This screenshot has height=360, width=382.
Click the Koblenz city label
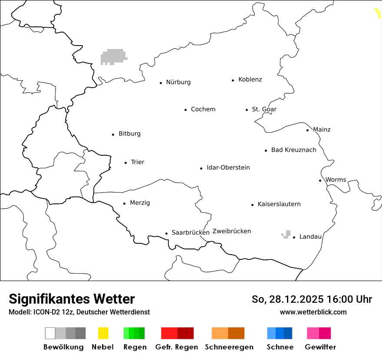(x=250, y=80)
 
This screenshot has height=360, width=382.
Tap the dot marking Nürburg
(x=161, y=83)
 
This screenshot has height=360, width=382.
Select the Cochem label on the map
(x=203, y=109)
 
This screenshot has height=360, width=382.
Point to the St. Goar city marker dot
(x=247, y=110)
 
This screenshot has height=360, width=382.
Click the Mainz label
(x=322, y=130)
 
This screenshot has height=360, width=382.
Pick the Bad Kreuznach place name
(x=293, y=150)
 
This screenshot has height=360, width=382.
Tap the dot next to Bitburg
(x=113, y=134)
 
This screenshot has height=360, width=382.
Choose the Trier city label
(x=137, y=162)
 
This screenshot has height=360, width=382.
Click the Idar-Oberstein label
(x=228, y=168)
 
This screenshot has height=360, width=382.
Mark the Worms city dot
(x=320, y=180)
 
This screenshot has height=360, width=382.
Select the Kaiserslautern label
(x=279, y=204)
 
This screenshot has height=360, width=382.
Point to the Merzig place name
(x=140, y=203)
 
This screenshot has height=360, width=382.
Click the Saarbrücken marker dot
(x=166, y=233)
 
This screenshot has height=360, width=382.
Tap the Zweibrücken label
(x=231, y=231)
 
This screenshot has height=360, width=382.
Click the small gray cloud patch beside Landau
(x=286, y=235)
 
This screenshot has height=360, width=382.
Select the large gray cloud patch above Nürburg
(x=113, y=56)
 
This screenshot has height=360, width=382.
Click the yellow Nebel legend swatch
(x=103, y=333)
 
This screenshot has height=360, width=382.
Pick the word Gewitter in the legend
(x=320, y=347)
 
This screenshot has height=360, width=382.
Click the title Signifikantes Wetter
(x=72, y=299)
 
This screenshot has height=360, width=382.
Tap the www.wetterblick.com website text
(x=313, y=312)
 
